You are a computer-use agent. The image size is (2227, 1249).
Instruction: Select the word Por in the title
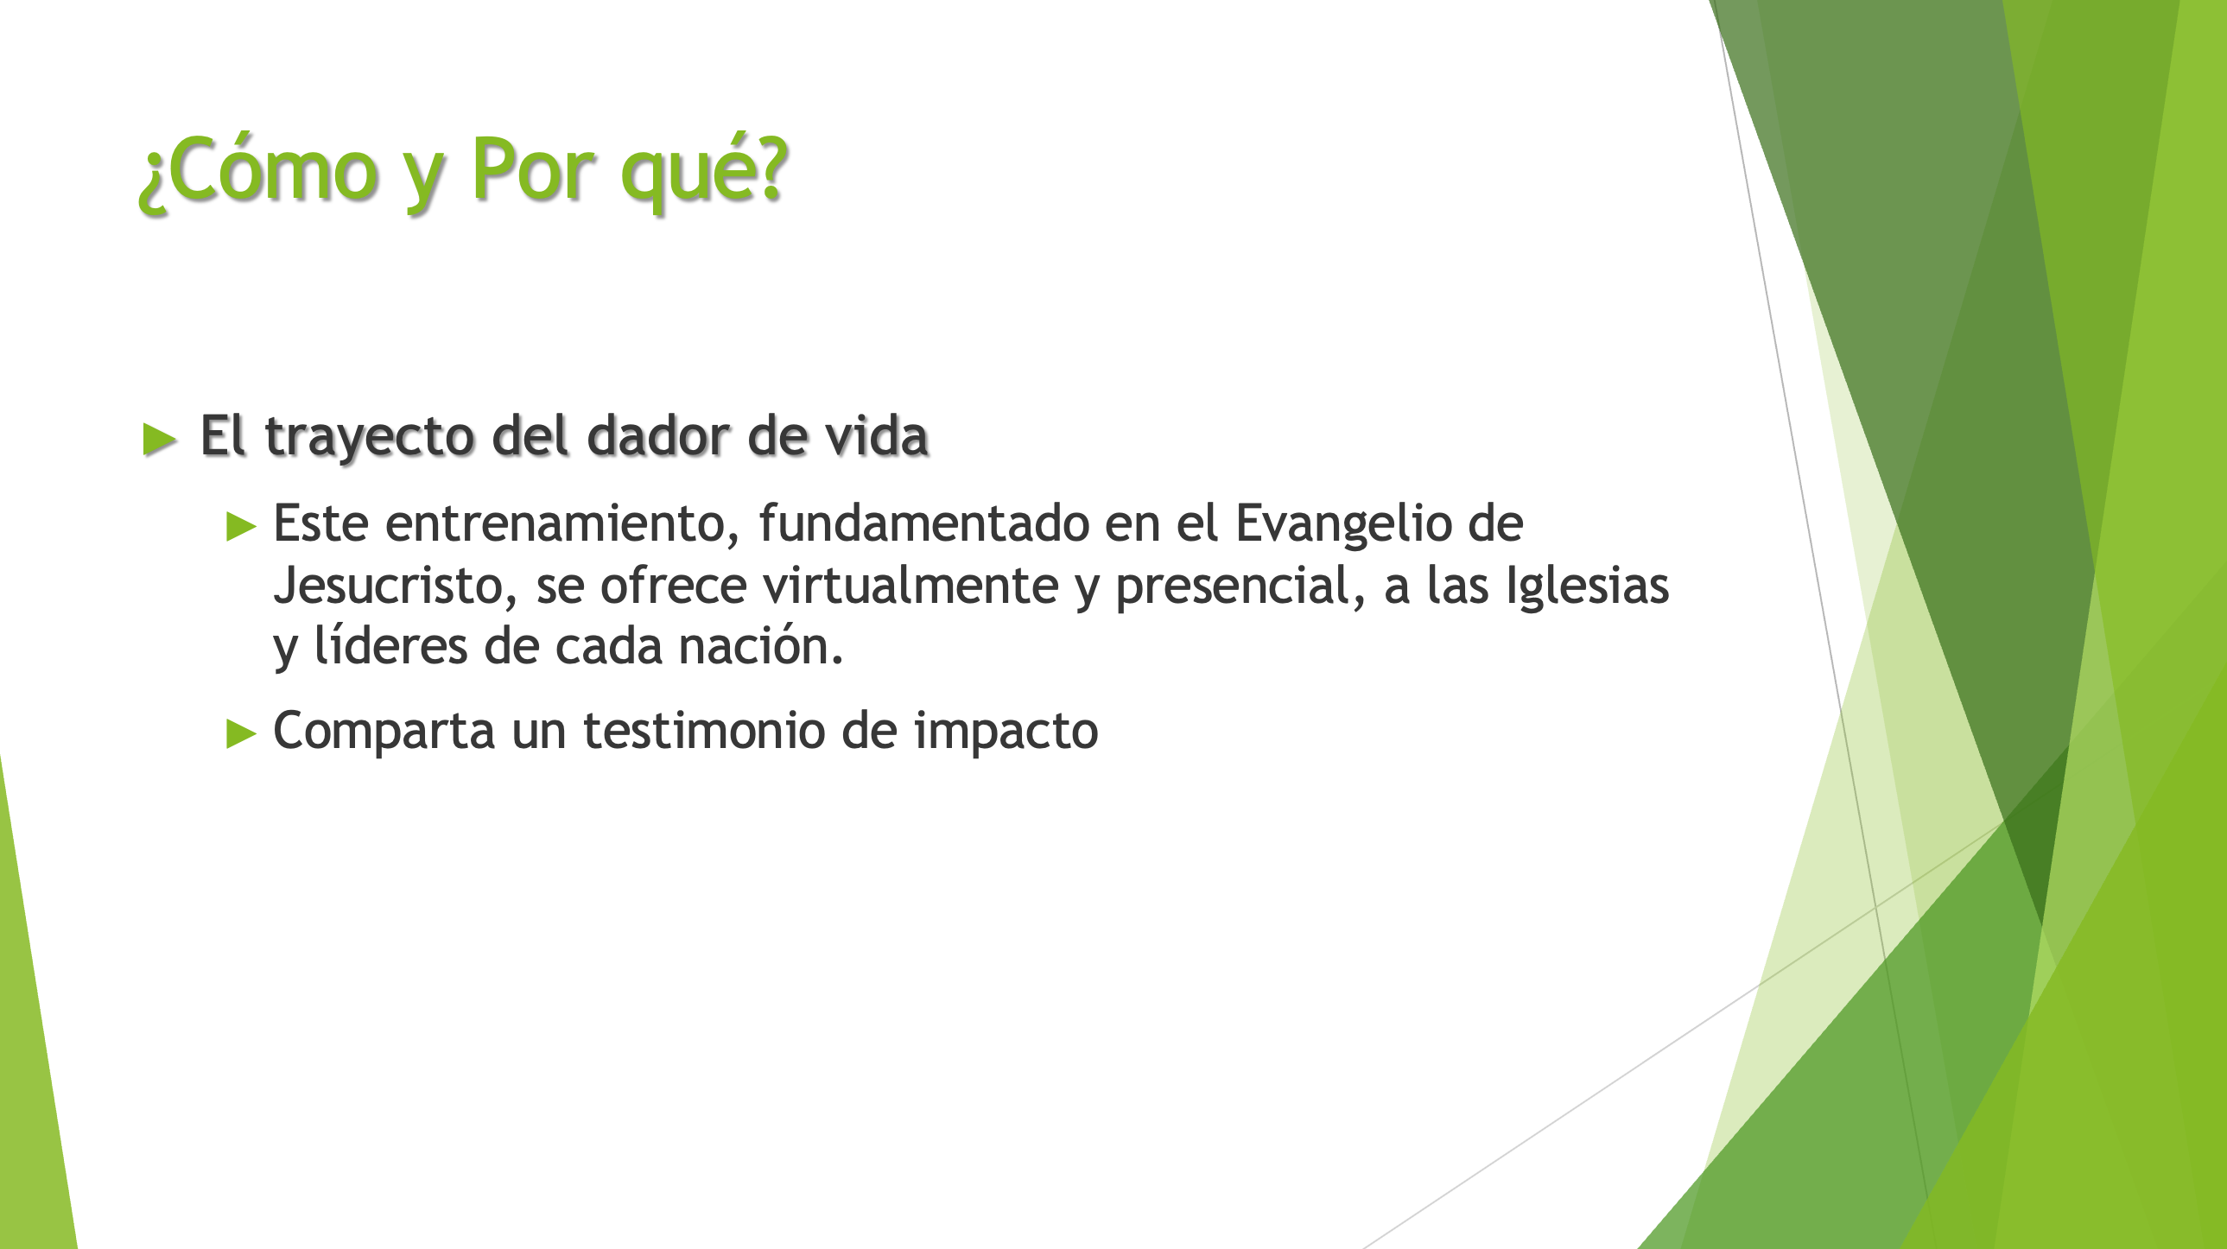pyautogui.click(x=533, y=168)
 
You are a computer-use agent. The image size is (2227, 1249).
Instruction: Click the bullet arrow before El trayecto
pyautogui.click(x=160, y=438)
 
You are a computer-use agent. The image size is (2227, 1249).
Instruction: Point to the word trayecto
pyautogui.click(x=370, y=437)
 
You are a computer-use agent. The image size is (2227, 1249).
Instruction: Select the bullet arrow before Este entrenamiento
pyautogui.click(x=241, y=525)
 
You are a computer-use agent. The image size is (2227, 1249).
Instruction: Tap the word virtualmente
pyautogui.click(x=910, y=585)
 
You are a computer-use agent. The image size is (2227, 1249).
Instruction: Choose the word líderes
pyautogui.click(x=390, y=646)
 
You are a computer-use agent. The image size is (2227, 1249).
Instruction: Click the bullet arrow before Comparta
pyautogui.click(x=241, y=733)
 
